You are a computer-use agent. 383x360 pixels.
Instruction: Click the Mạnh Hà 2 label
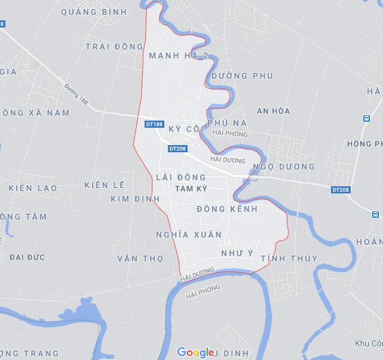[178, 56]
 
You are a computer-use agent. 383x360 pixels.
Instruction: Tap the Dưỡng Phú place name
[242, 76]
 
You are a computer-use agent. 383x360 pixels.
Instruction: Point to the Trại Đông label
[114, 47]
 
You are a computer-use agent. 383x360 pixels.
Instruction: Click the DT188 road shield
[154, 124]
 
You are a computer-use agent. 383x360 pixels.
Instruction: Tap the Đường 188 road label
[76, 94]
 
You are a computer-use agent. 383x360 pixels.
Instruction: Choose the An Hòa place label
[273, 111]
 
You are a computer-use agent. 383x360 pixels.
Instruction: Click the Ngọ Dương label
[284, 167]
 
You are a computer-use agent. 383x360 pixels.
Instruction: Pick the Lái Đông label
[180, 177]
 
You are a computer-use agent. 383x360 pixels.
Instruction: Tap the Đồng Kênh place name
[227, 209]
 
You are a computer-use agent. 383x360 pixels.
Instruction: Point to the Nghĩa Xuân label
[188, 235]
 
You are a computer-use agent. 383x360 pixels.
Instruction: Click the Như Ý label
[237, 253]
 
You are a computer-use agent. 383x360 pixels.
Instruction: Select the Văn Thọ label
[140, 259]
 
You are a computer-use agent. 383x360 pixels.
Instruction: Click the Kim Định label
[136, 198]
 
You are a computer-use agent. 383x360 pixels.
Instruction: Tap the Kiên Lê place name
[105, 185]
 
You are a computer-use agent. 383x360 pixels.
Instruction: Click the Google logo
[195, 352]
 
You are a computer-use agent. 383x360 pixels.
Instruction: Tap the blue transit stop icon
[366, 118]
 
